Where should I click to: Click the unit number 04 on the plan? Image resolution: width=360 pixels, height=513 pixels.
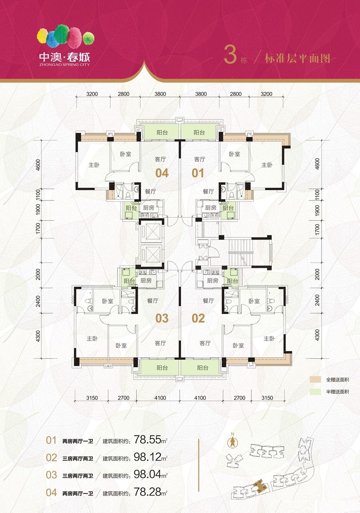coord(162,173)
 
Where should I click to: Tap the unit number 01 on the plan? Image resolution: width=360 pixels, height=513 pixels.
coord(198,173)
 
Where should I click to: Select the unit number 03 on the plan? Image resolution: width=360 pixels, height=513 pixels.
coord(162,318)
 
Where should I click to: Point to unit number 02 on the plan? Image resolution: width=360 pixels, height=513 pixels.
coord(198,318)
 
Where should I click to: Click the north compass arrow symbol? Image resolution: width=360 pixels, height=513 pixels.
coord(233,442)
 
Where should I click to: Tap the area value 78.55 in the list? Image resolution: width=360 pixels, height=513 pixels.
coord(148,440)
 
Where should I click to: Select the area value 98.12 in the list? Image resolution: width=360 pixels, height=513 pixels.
coord(148,457)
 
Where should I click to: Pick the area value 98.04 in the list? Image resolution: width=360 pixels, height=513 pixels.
coord(148,474)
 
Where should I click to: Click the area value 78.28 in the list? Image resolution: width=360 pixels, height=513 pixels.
coord(148,492)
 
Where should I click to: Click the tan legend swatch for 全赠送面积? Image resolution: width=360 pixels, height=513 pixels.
coord(315,380)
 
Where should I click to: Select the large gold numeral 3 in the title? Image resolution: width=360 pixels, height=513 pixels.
coord(230,54)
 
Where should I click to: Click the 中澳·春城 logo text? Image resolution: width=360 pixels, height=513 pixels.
coord(64,57)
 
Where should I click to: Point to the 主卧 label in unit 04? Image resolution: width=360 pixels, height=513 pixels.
coord(94,165)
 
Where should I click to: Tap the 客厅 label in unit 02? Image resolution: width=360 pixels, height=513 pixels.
coord(205,343)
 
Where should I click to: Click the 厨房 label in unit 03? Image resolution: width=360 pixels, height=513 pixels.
coord(146,281)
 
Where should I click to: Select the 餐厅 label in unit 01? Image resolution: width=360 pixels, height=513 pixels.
coord(208,191)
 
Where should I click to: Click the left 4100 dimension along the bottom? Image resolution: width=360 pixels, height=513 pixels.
coord(160,398)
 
